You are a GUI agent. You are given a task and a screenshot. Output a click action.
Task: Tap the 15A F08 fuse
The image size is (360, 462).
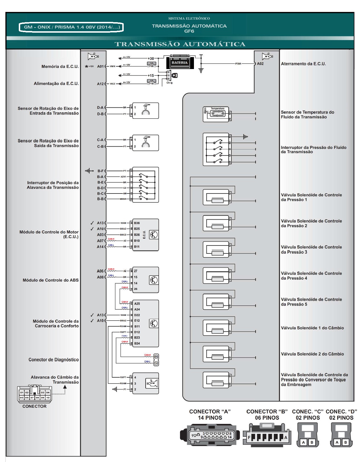(151, 65)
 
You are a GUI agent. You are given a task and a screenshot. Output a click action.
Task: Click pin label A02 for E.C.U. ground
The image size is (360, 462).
(260, 64)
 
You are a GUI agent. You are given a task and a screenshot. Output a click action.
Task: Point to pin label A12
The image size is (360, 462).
(100, 84)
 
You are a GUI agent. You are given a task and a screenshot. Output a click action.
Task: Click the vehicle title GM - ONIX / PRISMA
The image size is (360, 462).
(71, 27)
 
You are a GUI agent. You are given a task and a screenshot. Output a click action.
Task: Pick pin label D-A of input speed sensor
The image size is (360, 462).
(100, 108)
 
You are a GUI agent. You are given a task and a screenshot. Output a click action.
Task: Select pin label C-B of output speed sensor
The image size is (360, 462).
(100, 147)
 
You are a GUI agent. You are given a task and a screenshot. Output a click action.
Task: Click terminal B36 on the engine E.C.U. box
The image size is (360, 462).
(137, 223)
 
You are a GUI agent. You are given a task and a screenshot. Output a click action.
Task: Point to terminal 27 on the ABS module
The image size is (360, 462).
(136, 271)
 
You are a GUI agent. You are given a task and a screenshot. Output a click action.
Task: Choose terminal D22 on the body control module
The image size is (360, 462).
(137, 315)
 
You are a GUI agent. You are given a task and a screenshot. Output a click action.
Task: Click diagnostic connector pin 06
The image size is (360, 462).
(156, 357)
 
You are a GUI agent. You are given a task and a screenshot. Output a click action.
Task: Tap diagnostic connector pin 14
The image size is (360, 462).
(156, 363)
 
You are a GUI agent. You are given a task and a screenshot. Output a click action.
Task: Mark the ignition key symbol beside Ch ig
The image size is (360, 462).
(175, 76)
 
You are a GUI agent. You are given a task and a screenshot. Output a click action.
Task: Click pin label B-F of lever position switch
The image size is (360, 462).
(100, 171)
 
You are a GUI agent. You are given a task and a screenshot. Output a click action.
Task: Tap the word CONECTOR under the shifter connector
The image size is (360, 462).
(34, 406)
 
